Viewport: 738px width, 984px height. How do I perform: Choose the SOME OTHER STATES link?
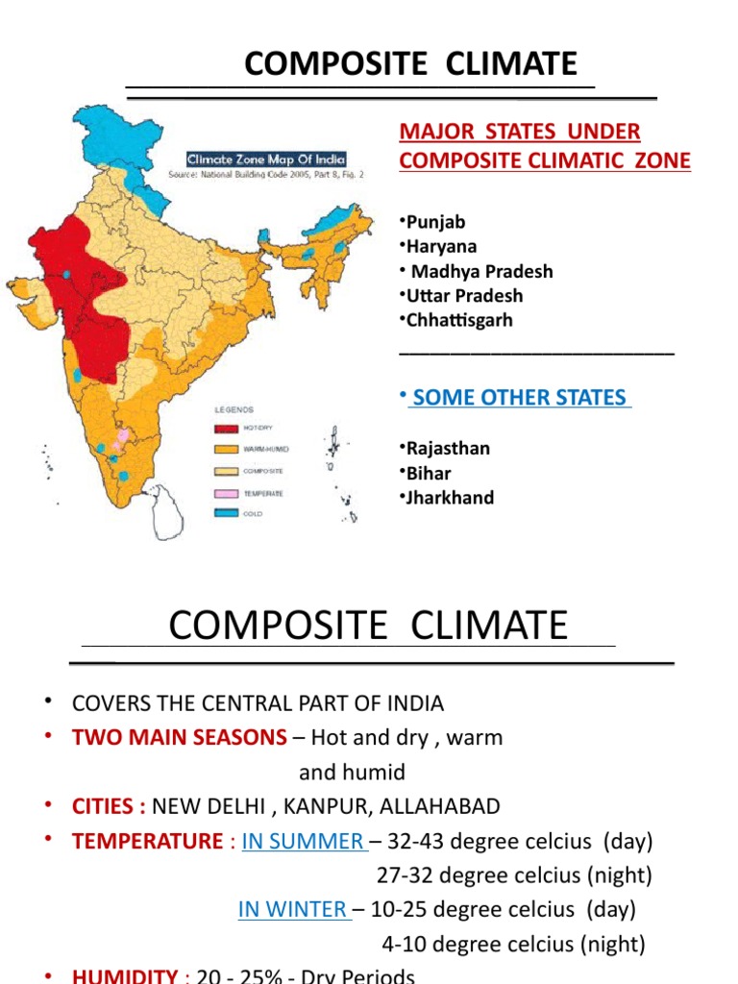[520, 398]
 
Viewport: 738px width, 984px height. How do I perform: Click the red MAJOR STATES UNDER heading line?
[520, 132]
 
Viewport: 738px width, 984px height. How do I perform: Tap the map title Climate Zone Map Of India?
[266, 160]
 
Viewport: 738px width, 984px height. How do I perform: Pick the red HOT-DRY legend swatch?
[227, 430]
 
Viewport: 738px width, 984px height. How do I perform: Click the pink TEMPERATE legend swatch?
[227, 492]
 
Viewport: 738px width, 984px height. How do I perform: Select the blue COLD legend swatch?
[227, 513]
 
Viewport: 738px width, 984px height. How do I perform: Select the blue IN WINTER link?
[294, 909]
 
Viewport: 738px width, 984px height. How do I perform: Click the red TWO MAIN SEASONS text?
[180, 738]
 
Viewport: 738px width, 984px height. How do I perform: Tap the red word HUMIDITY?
[124, 974]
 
